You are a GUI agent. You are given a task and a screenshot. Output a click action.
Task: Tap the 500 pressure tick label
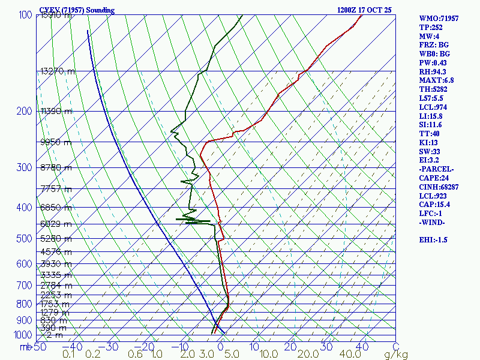(24, 239)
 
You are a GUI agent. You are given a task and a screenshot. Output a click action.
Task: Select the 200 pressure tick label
(24, 111)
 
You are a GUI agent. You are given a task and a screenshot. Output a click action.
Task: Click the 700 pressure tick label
(24, 284)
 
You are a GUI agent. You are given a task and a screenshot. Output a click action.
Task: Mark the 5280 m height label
(55, 239)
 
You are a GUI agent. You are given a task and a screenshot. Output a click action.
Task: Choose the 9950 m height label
(55, 142)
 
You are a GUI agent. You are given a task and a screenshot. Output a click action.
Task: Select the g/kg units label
(396, 355)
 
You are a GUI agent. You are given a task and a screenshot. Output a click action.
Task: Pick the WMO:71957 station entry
(439, 19)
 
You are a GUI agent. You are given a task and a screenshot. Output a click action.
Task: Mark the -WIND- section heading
(433, 223)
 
